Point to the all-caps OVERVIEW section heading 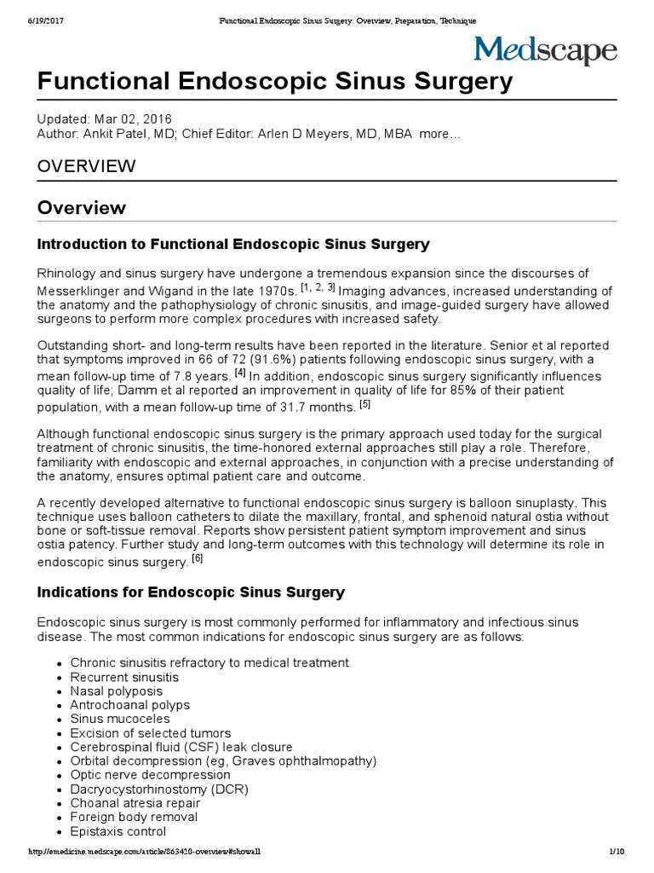[86, 166]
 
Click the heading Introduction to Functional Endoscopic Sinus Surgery [233, 245]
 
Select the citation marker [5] [364, 403]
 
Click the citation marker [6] [197, 559]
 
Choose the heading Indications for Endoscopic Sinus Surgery [191, 592]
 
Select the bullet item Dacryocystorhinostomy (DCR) [159, 789]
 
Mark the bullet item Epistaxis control [118, 831]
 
